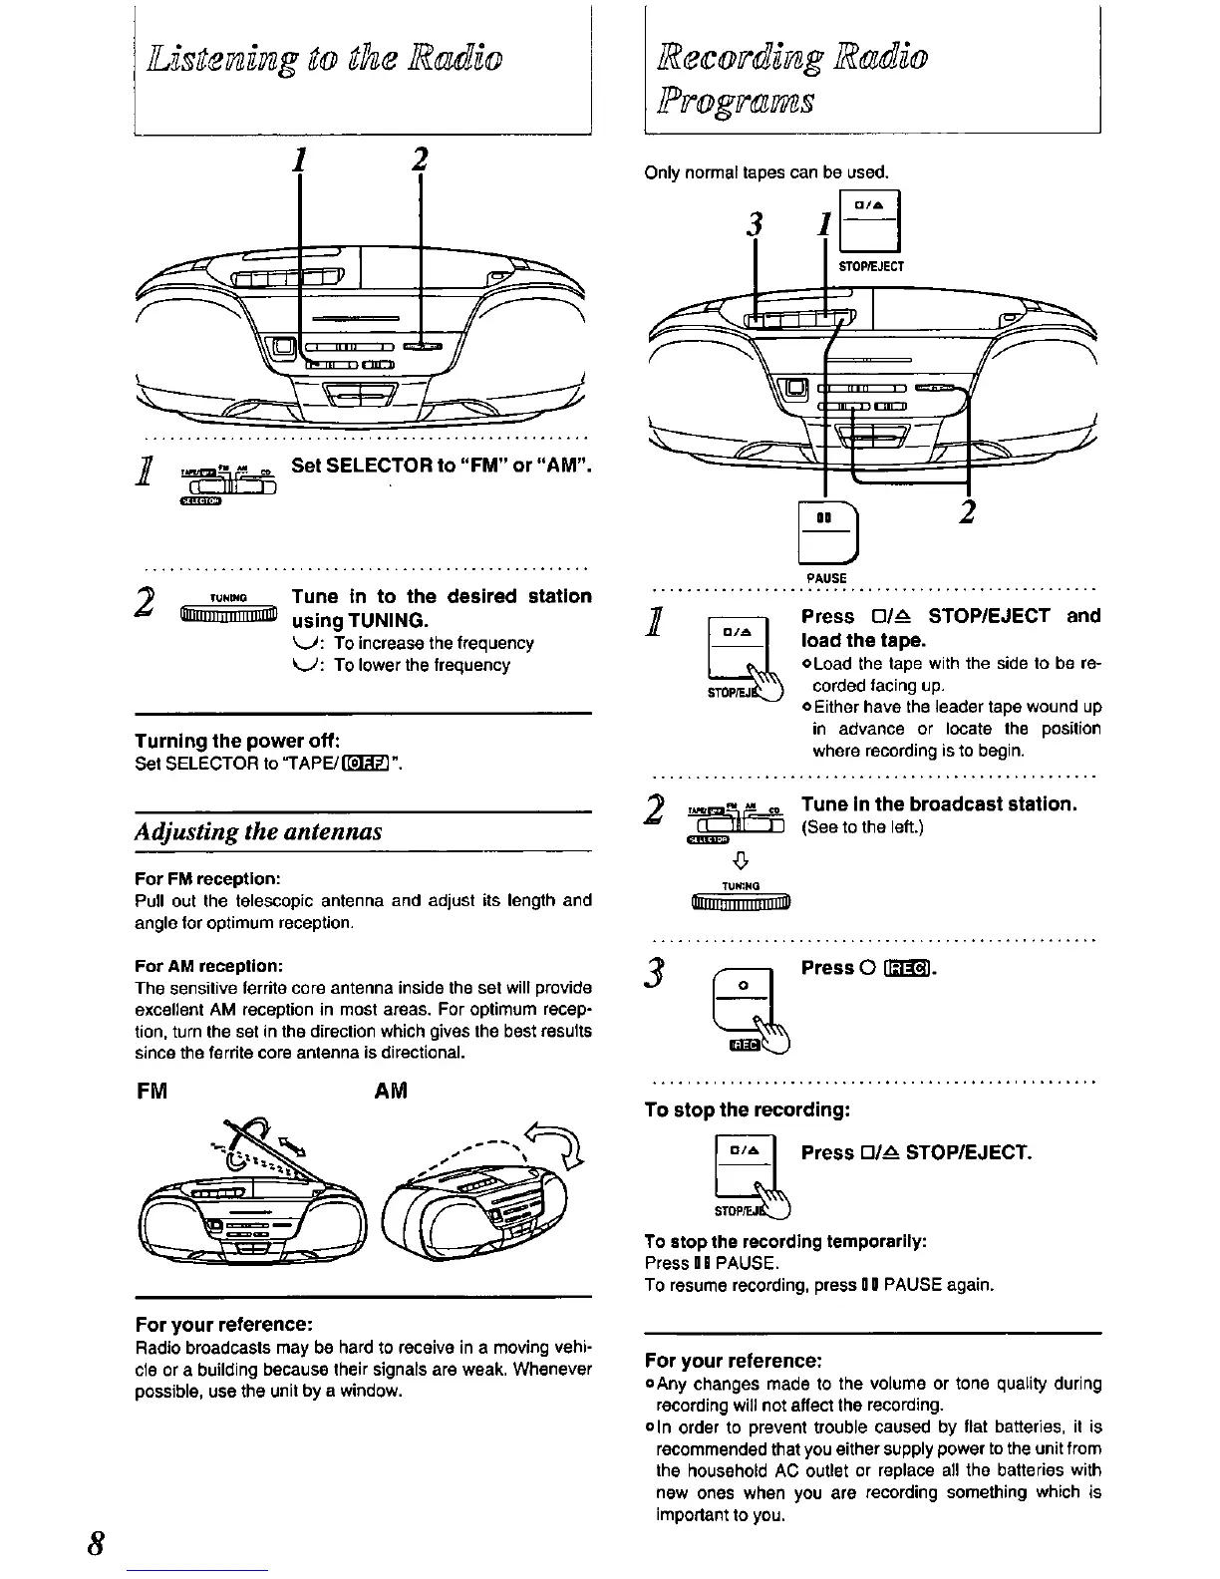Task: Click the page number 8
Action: [x=97, y=1542]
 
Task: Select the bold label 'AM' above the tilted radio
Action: [x=392, y=1092]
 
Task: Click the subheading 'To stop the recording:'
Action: [x=748, y=1109]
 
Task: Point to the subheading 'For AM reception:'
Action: [x=209, y=966]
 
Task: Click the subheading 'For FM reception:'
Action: [x=207, y=879]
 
